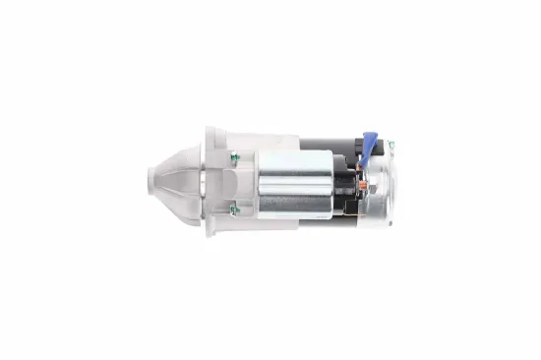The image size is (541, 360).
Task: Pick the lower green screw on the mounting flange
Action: click(234, 208)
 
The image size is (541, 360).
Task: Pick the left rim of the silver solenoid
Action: click(259, 182)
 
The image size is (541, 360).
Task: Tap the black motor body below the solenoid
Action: click(325, 222)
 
